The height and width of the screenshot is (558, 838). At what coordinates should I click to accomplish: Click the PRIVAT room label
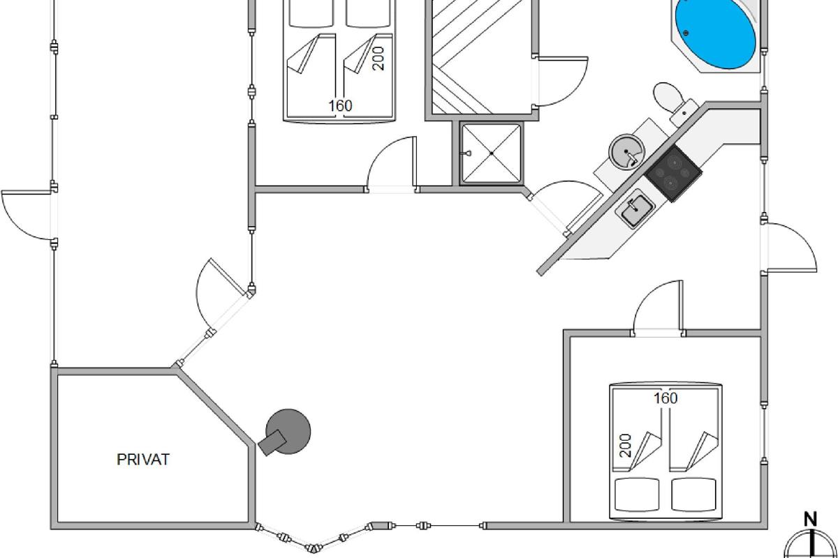pyautogui.click(x=142, y=460)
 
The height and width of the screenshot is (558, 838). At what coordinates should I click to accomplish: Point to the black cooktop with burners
pyautogui.click(x=672, y=174)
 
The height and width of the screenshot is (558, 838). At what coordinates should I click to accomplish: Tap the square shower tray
pyautogui.click(x=492, y=153)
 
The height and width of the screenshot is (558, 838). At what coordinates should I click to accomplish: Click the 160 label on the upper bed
pyautogui.click(x=340, y=106)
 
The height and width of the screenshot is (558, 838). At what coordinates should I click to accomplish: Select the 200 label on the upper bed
pyautogui.click(x=378, y=59)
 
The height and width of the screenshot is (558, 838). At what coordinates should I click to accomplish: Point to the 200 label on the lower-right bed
pyautogui.click(x=625, y=445)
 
